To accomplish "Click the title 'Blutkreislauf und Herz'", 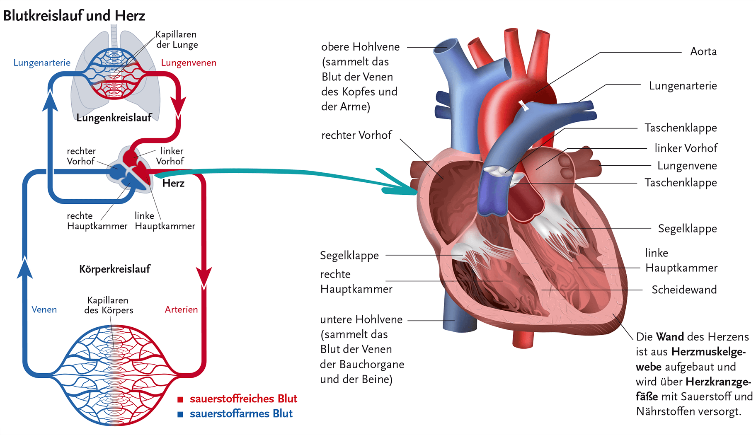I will tap(74, 16).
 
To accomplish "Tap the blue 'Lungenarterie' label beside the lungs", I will tap(42, 63).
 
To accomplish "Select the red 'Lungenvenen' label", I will tap(189, 63).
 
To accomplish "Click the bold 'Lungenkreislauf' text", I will tap(114, 118).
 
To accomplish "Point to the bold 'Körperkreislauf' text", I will tap(115, 269).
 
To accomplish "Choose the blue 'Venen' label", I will tap(44, 309).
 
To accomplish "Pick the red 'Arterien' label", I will tap(181, 309).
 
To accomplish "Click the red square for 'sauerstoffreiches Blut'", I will tap(180, 399).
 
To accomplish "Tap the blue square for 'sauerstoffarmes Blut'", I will tap(180, 414).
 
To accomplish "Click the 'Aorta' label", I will tap(703, 52).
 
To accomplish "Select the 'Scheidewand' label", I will tap(684, 290).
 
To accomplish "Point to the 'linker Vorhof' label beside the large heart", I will tap(686, 148).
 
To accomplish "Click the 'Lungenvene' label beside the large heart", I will tap(687, 166).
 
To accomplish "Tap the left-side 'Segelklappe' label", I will tap(349, 256).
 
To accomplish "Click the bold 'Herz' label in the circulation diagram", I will tap(173, 184).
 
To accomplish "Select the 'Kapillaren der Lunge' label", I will tap(177, 39).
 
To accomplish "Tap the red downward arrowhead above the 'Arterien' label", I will tap(204, 277).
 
